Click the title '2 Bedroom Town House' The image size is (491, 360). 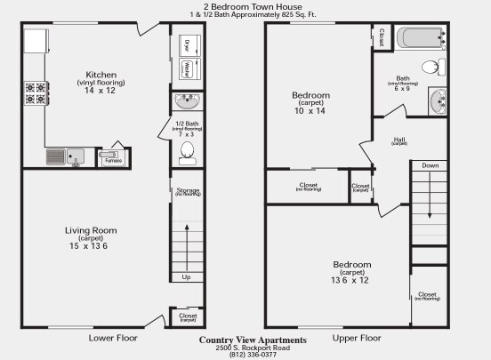245,5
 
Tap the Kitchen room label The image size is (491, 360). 101,75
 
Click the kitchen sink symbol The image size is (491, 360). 64,157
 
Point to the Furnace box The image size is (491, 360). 113,160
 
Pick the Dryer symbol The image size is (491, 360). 188,46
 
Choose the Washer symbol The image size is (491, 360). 188,69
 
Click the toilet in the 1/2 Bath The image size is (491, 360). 188,153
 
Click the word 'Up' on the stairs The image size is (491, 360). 186,277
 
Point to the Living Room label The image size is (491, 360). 91,230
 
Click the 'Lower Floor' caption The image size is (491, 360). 114,339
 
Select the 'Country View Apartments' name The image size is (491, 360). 253,340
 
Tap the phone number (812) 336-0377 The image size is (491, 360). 253,355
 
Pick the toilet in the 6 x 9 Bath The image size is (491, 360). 431,66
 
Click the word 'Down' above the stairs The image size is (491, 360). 431,166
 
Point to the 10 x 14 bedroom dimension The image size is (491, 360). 310,111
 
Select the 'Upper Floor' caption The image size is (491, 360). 357,339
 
